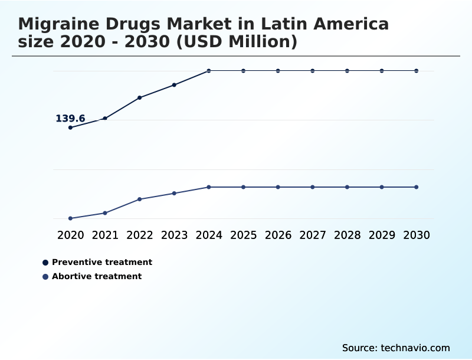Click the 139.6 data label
(x=70, y=119)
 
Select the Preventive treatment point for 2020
(x=70, y=127)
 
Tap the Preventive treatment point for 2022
(x=140, y=97)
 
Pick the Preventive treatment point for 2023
(x=174, y=85)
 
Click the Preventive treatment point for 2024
(x=209, y=71)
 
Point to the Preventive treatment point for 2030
(x=417, y=71)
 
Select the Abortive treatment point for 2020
(x=70, y=218)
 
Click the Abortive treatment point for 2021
(x=105, y=213)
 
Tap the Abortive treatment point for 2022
(x=140, y=199)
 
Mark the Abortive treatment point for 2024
(x=209, y=187)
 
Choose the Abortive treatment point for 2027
(x=313, y=187)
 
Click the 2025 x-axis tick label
(x=243, y=235)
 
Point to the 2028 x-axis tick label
(x=347, y=235)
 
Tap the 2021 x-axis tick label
(x=105, y=235)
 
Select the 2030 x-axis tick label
(x=417, y=235)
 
